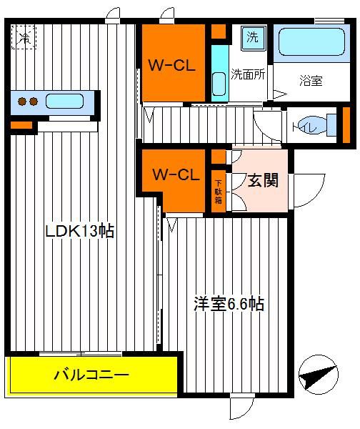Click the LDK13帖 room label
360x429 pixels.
click(79, 232)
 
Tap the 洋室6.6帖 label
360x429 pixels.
click(229, 303)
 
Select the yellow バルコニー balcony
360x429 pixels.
click(91, 375)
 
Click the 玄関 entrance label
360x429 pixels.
click(264, 180)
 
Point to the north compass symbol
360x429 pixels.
click(319, 375)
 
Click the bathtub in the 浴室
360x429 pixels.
click(311, 42)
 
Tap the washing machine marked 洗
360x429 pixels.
click(253, 38)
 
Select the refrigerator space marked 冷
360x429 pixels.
click(24, 37)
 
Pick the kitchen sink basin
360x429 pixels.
click(64, 102)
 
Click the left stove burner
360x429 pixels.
click(22, 102)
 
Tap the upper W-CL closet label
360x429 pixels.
click(172, 66)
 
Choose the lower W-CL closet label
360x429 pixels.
click(176, 174)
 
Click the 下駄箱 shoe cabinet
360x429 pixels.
click(218, 191)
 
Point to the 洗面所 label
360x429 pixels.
click(248, 74)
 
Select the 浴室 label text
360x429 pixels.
click(311, 81)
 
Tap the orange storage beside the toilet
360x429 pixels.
click(346, 125)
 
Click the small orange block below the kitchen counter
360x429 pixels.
click(21, 125)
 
